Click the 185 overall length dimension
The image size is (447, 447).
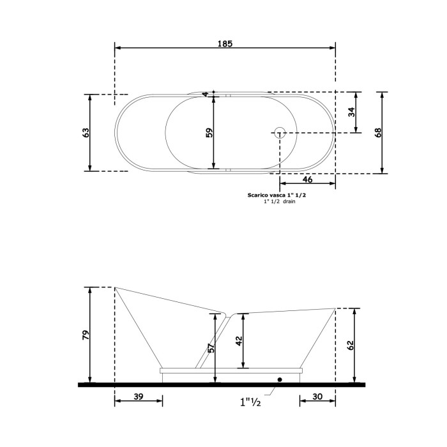tap(224, 44)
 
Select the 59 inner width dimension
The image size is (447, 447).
tap(209, 133)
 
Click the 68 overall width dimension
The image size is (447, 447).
tap(378, 133)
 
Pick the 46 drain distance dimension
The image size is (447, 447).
tap(307, 181)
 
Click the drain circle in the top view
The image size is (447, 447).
tap(279, 133)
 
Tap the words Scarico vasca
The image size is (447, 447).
tap(264, 196)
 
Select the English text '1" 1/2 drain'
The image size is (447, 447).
tap(279, 202)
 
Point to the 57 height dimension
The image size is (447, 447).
tap(211, 349)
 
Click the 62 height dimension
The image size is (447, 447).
tap(351, 345)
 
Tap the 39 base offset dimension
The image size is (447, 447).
tap(139, 397)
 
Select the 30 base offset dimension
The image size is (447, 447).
tap(317, 397)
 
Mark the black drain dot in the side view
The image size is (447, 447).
tap(279, 379)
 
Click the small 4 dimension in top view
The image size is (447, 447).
tap(206, 95)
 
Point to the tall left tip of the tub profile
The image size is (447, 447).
tap(115, 287)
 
